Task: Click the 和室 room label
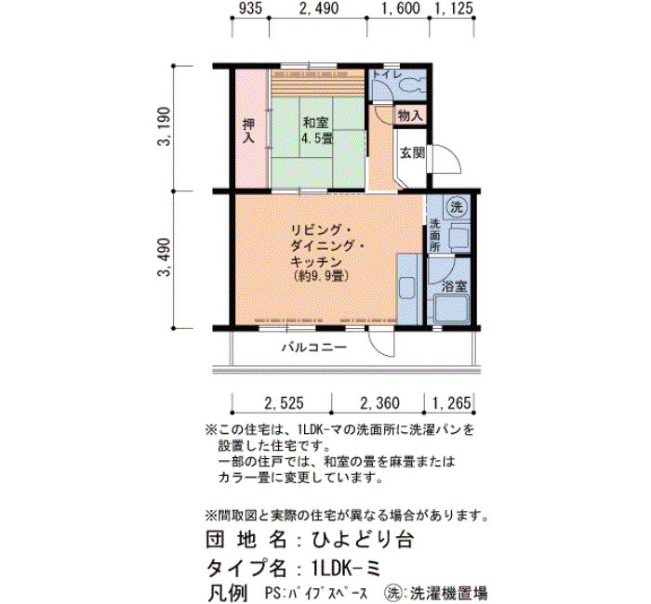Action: pyautogui.click(x=315, y=124)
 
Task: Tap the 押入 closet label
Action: pyautogui.click(x=248, y=131)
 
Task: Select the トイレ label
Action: pyautogui.click(x=387, y=74)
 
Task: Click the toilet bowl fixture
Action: pyautogui.click(x=412, y=86)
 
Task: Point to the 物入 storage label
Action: pyautogui.click(x=410, y=116)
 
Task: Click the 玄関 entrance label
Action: pyautogui.click(x=412, y=152)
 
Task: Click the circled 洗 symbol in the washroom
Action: pyautogui.click(x=457, y=206)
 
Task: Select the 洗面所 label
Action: pyautogui.click(x=434, y=235)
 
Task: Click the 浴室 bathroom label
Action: pyautogui.click(x=454, y=286)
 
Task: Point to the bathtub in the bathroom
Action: pyautogui.click(x=450, y=309)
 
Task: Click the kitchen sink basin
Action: pyautogui.click(x=406, y=291)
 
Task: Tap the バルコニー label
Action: pyautogui.click(x=314, y=347)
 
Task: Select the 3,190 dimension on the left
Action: pyautogui.click(x=165, y=126)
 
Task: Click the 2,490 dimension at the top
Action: pyautogui.click(x=319, y=7)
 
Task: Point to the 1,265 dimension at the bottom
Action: pyautogui.click(x=452, y=402)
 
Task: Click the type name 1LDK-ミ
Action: pyautogui.click(x=346, y=567)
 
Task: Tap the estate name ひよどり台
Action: pyautogui.click(x=363, y=540)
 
